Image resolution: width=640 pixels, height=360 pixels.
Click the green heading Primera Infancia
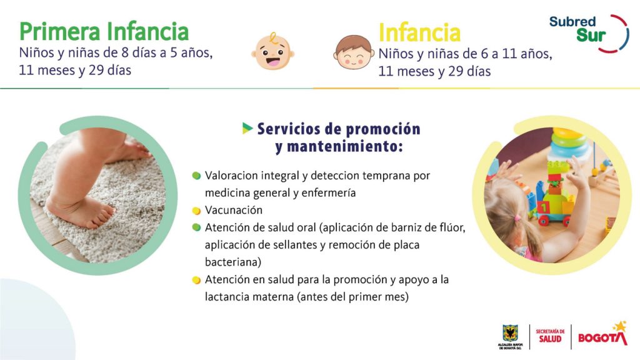click(x=104, y=31)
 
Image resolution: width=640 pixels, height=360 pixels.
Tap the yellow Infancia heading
click(x=419, y=32)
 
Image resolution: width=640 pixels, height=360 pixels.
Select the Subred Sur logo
click(x=589, y=34)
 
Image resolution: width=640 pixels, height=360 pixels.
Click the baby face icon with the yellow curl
click(x=272, y=51)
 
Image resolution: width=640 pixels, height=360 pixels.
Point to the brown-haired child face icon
click(x=354, y=52)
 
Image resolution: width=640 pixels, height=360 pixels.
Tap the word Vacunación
click(x=234, y=210)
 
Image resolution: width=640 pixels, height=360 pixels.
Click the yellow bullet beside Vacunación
click(x=196, y=211)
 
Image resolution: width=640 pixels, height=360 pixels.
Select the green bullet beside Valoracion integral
click(x=196, y=176)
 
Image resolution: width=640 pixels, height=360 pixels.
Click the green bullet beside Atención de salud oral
click(x=196, y=227)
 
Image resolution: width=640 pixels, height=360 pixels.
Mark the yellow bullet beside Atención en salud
click(x=196, y=280)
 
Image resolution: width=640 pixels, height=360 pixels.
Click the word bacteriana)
click(x=233, y=262)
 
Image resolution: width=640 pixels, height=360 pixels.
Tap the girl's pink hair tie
click(x=517, y=218)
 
